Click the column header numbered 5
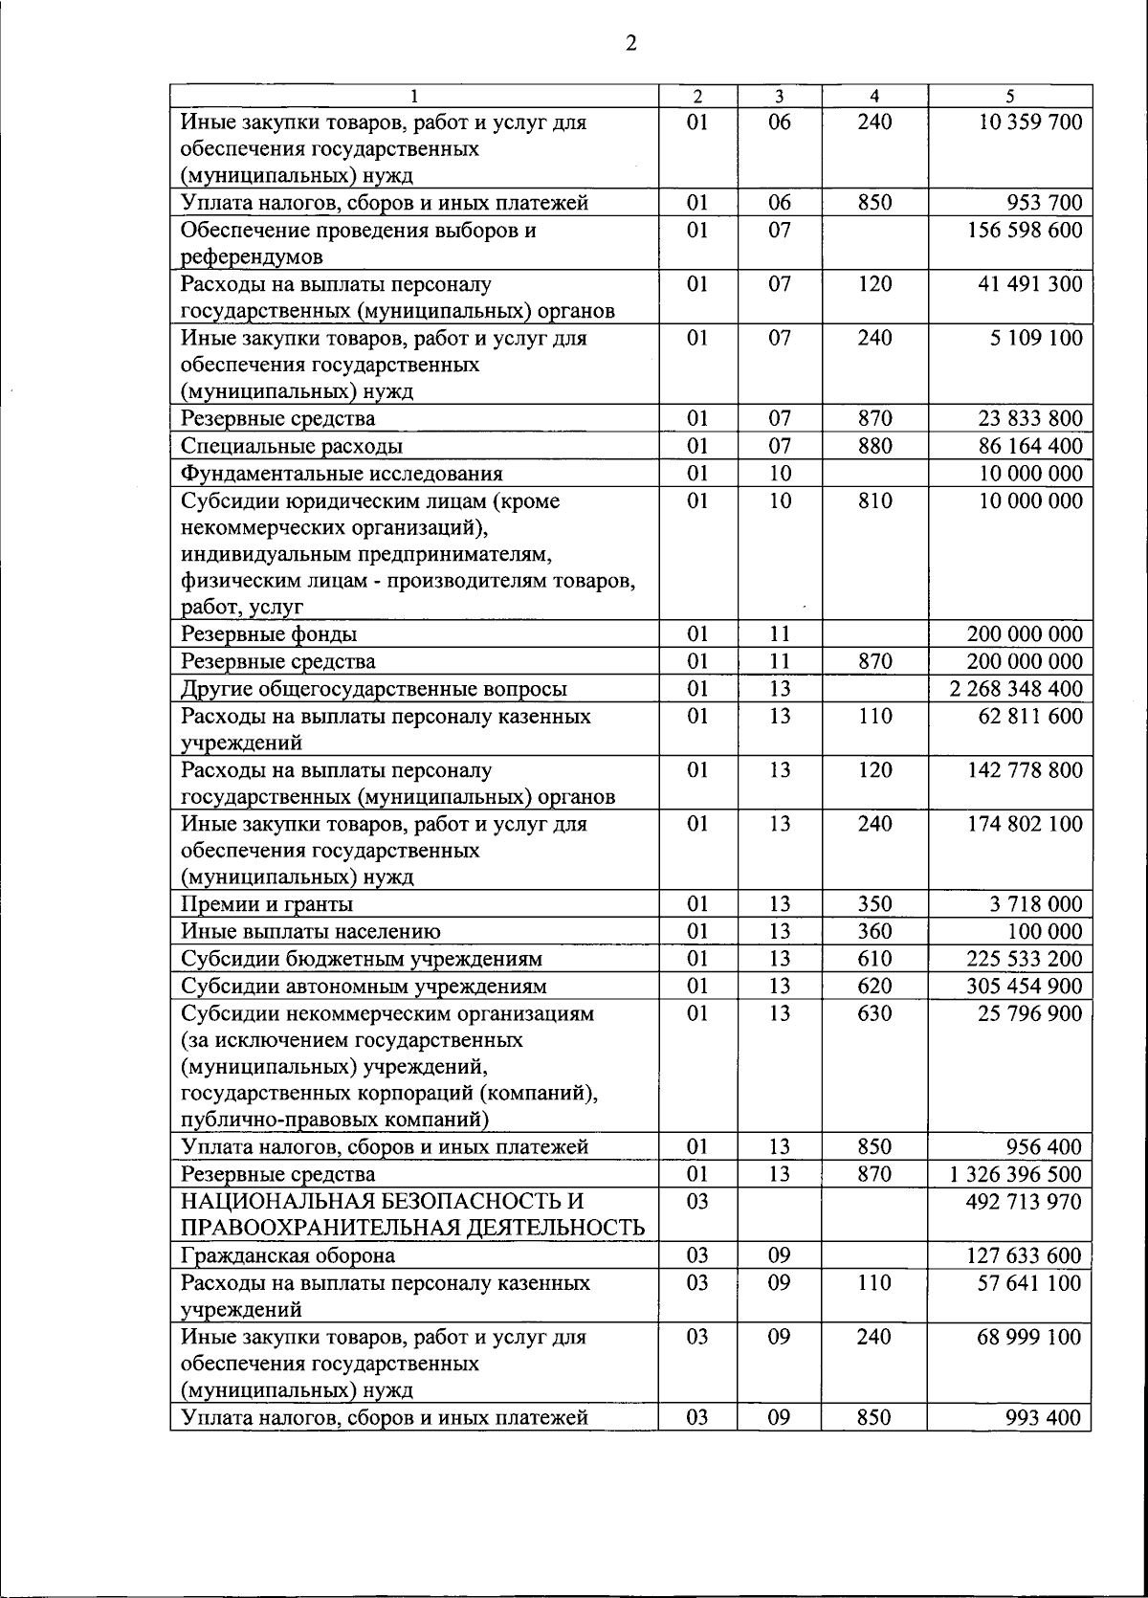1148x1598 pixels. pos(1009,96)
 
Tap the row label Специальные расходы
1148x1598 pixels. pos(292,447)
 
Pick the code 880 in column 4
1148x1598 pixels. pos(873,447)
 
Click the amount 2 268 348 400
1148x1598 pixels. pos(1016,689)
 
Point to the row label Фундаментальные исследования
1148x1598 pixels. pos(342,474)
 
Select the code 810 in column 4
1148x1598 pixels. pos(873,501)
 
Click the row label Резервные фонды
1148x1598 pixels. pos(270,634)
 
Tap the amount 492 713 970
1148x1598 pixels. pos(1024,1202)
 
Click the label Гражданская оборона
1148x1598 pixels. pos(288,1255)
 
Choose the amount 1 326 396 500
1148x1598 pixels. pos(1016,1174)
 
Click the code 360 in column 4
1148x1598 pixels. pos(873,932)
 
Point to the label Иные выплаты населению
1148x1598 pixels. pos(311,932)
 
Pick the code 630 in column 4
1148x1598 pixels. pos(873,1013)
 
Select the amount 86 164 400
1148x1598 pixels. pos(1029,447)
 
